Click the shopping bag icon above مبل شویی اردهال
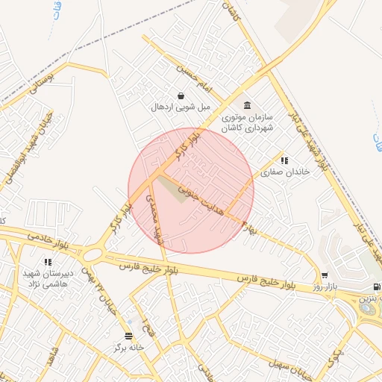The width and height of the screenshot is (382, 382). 181,95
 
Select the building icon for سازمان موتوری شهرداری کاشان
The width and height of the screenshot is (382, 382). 248,105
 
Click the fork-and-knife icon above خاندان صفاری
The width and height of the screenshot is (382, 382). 284,160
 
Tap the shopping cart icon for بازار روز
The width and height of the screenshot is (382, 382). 325,275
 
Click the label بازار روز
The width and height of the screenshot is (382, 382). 325,286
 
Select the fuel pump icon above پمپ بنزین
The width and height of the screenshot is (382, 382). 376,286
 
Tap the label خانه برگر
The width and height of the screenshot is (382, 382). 128,348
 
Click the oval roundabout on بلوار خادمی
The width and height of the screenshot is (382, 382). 93,254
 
